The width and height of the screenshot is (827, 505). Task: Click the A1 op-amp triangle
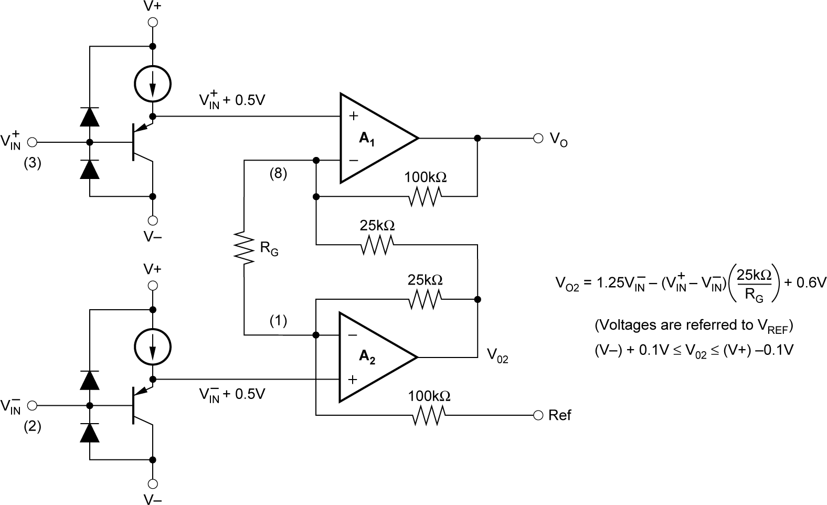[373, 139]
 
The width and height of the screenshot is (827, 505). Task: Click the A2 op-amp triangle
[373, 357]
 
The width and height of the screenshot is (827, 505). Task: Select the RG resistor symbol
[244, 246]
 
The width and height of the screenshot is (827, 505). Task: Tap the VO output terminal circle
[537, 139]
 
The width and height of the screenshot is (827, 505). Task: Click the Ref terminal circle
[537, 415]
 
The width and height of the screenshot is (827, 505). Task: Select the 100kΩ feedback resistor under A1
[425, 197]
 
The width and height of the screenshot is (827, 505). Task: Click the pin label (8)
[278, 174]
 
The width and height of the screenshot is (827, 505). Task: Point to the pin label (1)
[278, 320]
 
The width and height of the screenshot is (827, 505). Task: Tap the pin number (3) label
[32, 163]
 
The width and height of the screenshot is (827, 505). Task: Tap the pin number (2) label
[32, 427]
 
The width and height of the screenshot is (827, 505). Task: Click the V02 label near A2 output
[497, 356]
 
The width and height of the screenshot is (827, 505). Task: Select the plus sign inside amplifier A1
[354, 116]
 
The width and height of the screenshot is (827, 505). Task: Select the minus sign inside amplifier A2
[353, 335]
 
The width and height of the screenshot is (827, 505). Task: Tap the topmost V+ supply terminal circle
[153, 22]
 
